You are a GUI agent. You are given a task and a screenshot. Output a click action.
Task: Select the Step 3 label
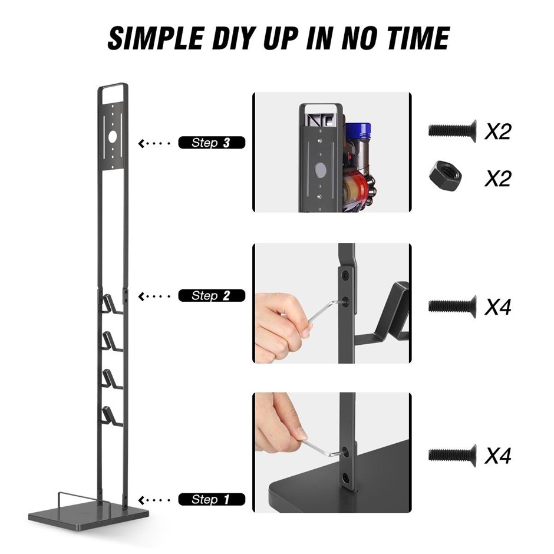point(211,143)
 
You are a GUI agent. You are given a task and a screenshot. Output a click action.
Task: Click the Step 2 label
point(211,296)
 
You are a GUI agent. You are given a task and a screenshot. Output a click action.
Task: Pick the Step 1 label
point(211,500)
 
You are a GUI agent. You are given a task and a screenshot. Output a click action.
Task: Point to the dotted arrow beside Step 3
point(154,143)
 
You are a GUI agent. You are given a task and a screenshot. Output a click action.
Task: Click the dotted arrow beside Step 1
point(154,500)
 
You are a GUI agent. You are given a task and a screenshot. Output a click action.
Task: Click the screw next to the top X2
point(452,131)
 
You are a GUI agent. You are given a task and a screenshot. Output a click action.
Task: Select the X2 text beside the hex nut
point(498,178)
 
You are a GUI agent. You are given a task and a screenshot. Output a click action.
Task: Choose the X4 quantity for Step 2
point(498,306)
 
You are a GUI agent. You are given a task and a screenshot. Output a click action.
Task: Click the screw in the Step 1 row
point(452,456)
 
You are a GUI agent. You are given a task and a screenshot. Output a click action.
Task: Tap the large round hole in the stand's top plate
point(113,137)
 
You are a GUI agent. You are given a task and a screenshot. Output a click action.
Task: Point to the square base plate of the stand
point(88,519)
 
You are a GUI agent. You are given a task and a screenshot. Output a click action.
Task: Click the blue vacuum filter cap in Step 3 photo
point(358,131)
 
